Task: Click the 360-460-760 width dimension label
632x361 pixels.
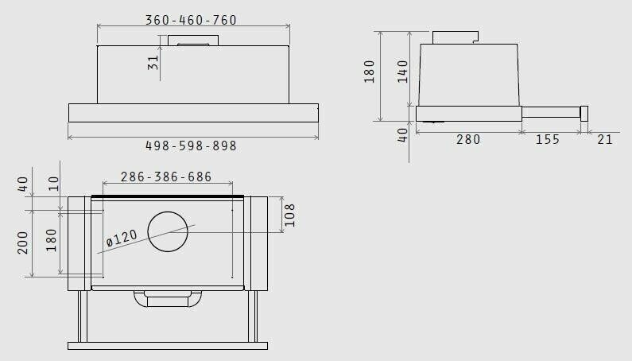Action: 191,20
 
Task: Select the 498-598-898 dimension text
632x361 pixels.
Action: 191,146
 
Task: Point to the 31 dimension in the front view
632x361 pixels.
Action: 153,63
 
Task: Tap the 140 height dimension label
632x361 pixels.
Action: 403,72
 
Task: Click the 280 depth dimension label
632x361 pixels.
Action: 468,140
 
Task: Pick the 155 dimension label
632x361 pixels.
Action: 548,140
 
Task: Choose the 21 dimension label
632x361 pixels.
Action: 605,140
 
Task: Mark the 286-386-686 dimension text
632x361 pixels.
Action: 166,177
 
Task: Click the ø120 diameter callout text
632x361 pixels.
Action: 122,238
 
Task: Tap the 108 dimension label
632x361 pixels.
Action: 290,215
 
